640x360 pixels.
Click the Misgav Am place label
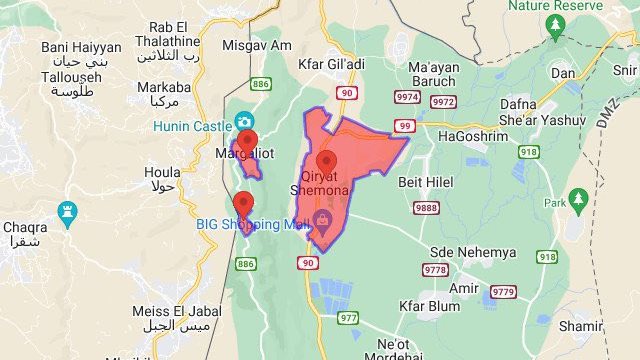click(257, 45)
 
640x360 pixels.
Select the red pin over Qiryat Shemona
click(326, 161)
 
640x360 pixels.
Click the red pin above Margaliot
click(248, 140)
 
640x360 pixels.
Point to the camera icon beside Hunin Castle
click(243, 122)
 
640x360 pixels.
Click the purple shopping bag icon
click(323, 219)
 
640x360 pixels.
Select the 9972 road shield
click(443, 102)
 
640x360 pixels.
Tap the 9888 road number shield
click(426, 208)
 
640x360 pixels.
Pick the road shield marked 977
click(348, 318)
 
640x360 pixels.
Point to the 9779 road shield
click(504, 292)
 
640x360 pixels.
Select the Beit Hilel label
click(426, 182)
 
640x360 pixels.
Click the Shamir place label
click(581, 326)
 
